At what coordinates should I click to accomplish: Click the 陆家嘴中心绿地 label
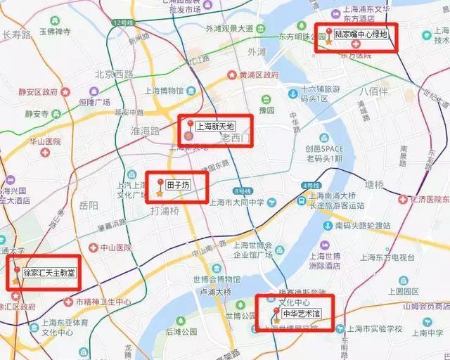tap(361, 34)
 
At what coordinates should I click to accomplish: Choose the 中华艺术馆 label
tap(300, 314)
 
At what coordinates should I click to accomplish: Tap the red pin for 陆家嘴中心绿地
tap(329, 30)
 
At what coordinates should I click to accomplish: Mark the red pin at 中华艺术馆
tap(276, 310)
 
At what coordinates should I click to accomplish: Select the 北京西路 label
tap(114, 73)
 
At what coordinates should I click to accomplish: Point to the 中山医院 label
tap(113, 247)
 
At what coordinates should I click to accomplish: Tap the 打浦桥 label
tap(165, 210)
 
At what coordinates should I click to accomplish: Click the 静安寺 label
tap(33, 113)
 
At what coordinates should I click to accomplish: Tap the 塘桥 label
tap(390, 186)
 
